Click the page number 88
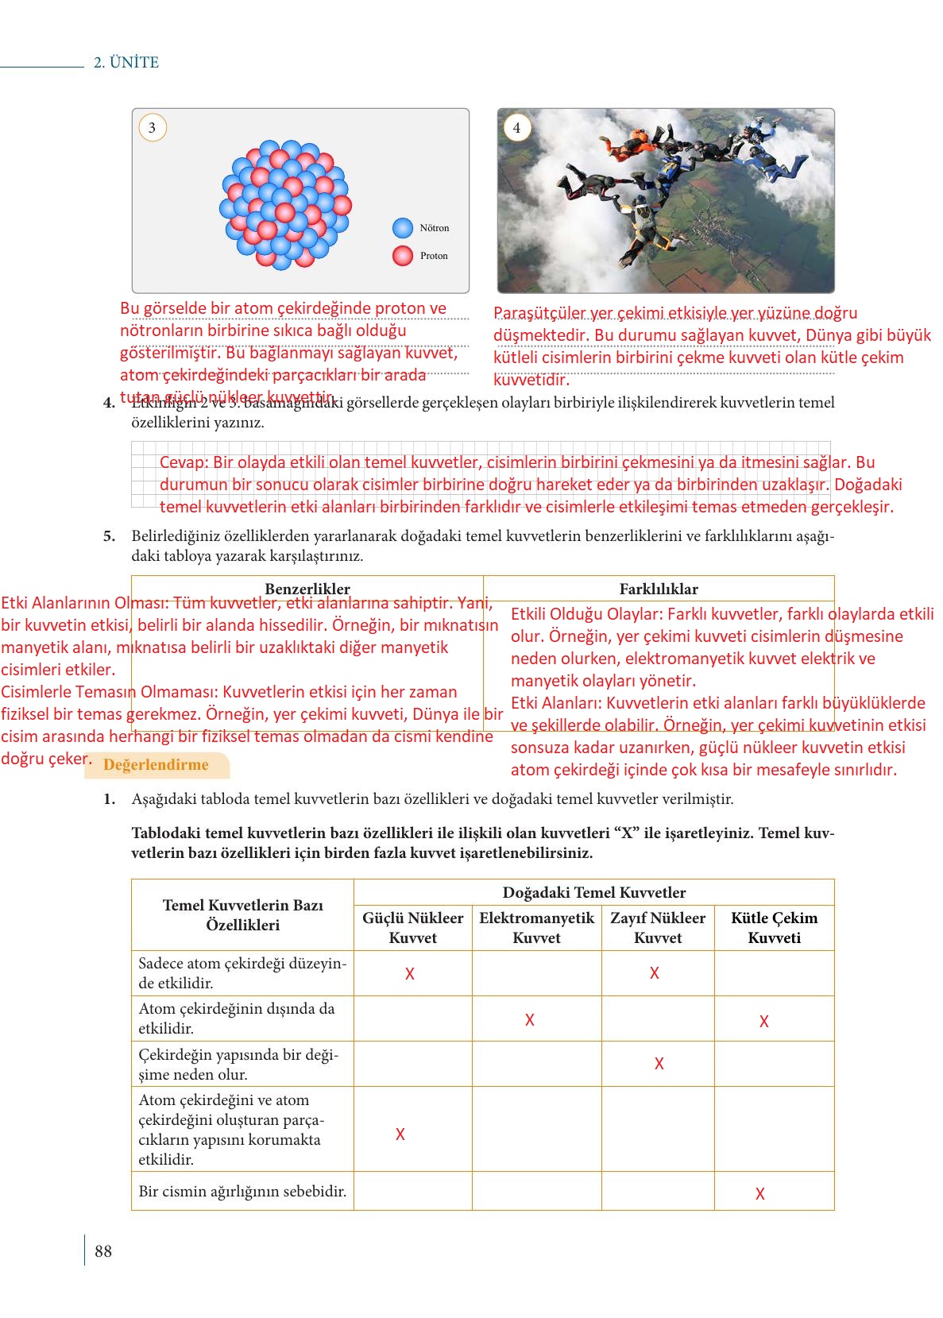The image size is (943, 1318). pyautogui.click(x=103, y=1251)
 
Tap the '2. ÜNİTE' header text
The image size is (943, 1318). pyautogui.click(x=126, y=63)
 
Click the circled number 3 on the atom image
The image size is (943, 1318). pyautogui.click(x=153, y=128)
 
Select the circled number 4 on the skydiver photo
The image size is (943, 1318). pyautogui.click(x=516, y=128)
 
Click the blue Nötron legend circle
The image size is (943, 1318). pyautogui.click(x=403, y=228)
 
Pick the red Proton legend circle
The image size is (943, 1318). pyautogui.click(x=403, y=256)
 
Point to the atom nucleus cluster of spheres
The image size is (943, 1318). pyautogui.click(x=285, y=204)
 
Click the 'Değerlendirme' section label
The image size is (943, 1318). pyautogui.click(x=157, y=765)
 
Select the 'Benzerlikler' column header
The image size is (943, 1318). pyautogui.click(x=307, y=589)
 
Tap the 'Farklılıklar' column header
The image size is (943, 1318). pyautogui.click(x=659, y=589)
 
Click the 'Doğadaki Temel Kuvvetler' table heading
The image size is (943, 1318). pyautogui.click(x=594, y=892)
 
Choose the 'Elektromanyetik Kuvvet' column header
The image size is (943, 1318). pyautogui.click(x=536, y=928)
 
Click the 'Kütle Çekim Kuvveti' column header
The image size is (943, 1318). pyautogui.click(x=775, y=928)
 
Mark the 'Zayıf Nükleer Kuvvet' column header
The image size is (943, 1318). pyautogui.click(x=658, y=928)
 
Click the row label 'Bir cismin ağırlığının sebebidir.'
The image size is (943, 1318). pyautogui.click(x=242, y=1191)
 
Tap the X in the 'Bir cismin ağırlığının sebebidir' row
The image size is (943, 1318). pyautogui.click(x=760, y=1193)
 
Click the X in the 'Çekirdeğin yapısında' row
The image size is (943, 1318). pyautogui.click(x=659, y=1064)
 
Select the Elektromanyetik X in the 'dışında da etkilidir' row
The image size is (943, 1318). pyautogui.click(x=530, y=1020)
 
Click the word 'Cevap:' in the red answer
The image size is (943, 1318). pyautogui.click(x=184, y=462)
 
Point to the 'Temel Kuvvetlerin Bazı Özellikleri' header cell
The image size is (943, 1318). pyautogui.click(x=243, y=914)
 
